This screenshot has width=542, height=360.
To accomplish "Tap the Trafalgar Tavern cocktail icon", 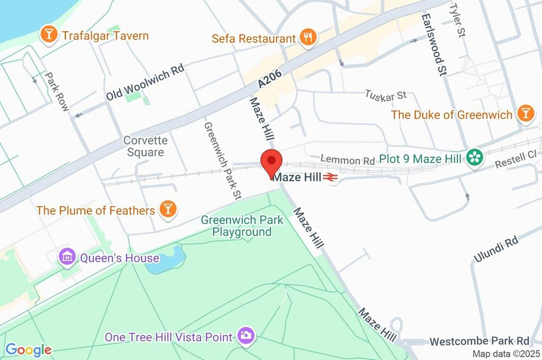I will click(49, 35).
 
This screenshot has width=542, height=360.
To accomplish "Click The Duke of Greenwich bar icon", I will click(525, 113).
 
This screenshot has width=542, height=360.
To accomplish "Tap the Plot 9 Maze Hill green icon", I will click(474, 157).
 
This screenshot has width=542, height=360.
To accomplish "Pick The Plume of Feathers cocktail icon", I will click(167, 209).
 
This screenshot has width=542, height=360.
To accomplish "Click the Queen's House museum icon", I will click(68, 257).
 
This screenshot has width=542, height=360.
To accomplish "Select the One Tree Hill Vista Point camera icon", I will click(245, 335).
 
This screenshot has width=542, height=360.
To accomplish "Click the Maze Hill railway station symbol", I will click(330, 178).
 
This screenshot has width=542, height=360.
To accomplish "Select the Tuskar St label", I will click(385, 95).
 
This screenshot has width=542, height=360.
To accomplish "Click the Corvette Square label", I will click(146, 146).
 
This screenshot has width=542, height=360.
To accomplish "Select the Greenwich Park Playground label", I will click(242, 226).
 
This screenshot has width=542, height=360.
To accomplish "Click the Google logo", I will click(28, 350).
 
